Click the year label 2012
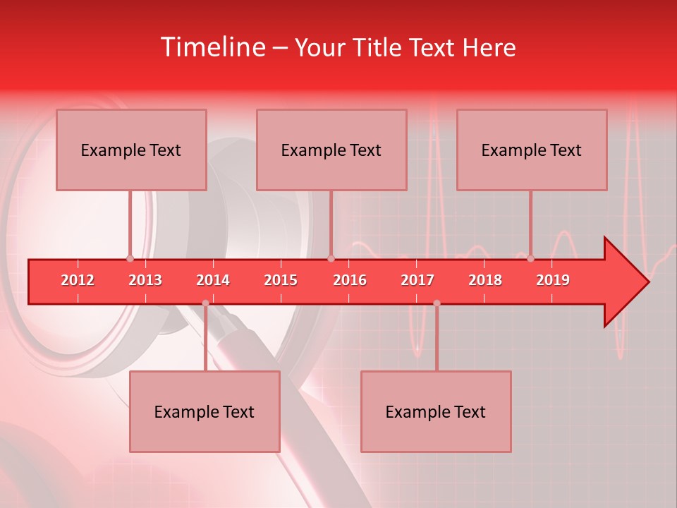[78, 280]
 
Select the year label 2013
[145, 280]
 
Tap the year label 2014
[213, 280]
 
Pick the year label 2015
[281, 280]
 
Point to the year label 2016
[350, 280]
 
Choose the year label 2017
[417, 280]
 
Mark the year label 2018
[485, 280]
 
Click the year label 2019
[553, 280]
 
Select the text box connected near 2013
[131, 150]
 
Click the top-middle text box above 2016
[331, 150]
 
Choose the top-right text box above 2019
[532, 150]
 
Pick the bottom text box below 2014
[205, 411]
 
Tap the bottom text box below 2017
[436, 411]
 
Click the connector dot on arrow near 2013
[130, 258]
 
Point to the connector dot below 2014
[205, 303]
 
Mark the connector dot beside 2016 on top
[331, 258]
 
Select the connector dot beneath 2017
[437, 303]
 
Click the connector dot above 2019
[531, 258]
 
